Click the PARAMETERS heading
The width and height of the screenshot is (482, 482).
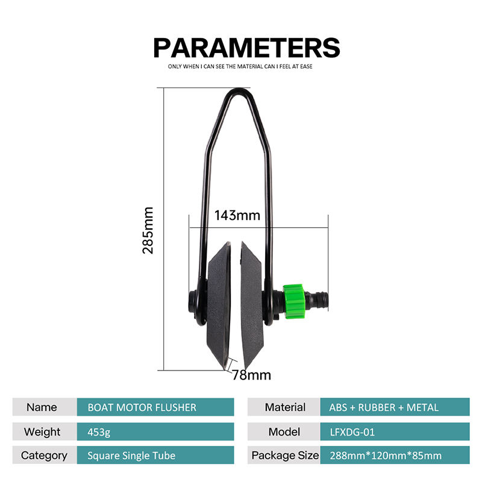tap(246, 47)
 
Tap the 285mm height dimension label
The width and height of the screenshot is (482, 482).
tap(148, 230)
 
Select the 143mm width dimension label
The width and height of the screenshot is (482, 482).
tap(237, 215)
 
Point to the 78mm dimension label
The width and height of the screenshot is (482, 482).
tap(251, 375)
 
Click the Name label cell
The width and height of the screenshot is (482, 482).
tap(42, 407)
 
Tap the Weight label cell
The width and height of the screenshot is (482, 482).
tap(42, 431)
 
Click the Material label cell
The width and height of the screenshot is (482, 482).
tap(285, 407)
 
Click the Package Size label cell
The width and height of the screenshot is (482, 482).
tap(285, 455)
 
